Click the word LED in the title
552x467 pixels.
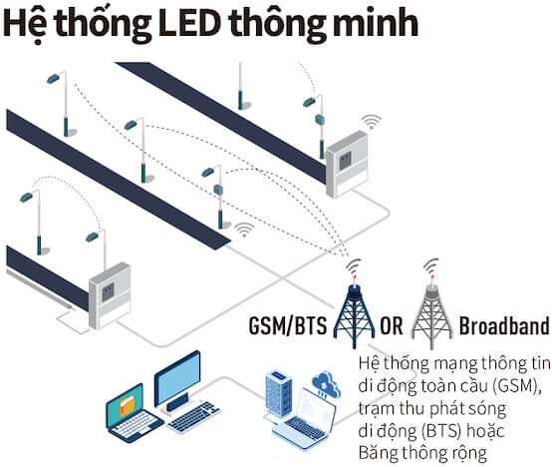[189, 24]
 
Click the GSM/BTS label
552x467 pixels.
[288, 325]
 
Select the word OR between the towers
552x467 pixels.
[392, 325]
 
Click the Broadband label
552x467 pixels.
[504, 325]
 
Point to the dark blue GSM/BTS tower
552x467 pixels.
[354, 314]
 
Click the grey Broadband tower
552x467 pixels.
[432, 314]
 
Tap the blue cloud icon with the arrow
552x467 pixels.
[326, 384]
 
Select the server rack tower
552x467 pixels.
[278, 394]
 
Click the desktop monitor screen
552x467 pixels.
[177, 378]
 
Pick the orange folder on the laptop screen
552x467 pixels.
[127, 406]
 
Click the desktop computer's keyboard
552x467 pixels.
[193, 416]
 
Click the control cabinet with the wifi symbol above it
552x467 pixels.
[347, 164]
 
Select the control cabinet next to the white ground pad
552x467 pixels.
[110, 295]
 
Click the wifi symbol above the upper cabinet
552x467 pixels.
[371, 122]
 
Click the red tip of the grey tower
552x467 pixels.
[432, 276]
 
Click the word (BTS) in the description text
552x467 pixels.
[440, 431]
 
